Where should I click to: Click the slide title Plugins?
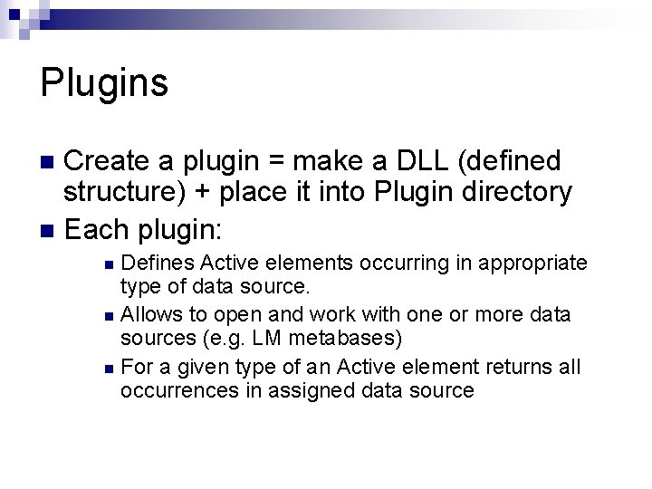coord(104,83)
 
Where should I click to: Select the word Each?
coord(95,223)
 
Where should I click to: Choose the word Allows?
coord(150,314)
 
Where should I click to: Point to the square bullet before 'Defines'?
coord(109,264)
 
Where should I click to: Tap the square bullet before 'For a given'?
coord(109,368)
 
